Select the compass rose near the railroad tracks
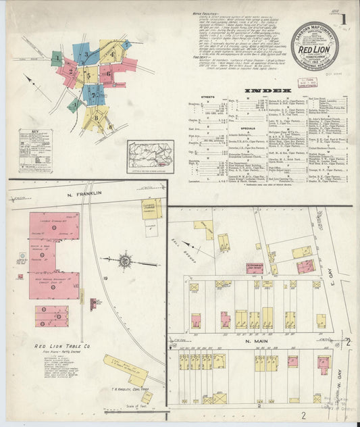[126, 259]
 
